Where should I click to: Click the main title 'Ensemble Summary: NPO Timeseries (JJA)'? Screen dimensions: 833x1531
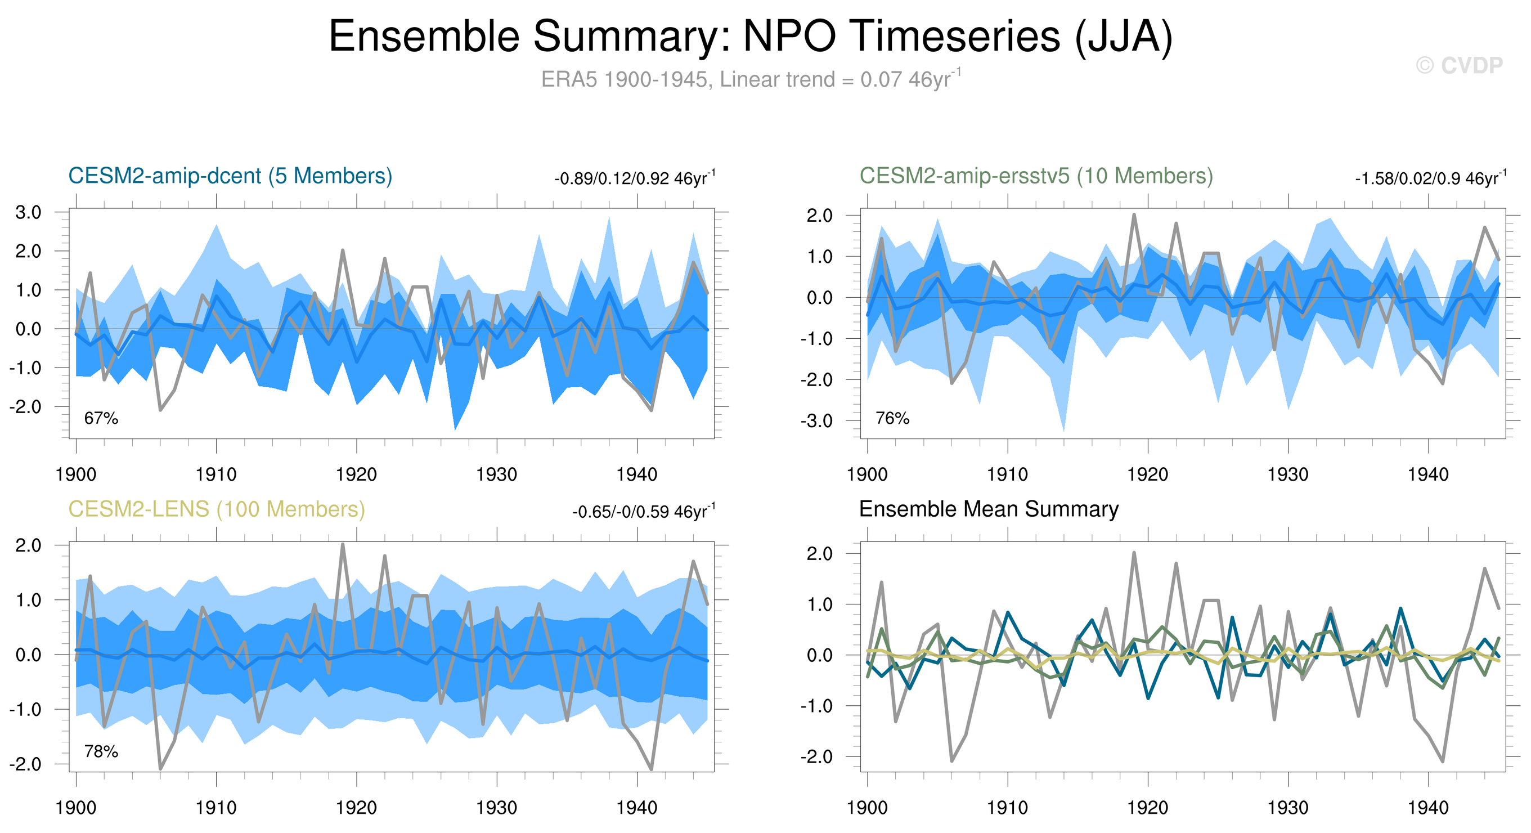750,37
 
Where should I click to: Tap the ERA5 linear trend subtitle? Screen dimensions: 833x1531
750,79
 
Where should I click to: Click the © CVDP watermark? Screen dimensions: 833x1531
1459,65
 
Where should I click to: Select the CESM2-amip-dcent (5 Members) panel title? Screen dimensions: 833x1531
230,176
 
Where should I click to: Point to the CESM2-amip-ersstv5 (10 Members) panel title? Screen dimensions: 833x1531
1036,176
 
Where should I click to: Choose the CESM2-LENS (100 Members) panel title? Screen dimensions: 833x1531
216,509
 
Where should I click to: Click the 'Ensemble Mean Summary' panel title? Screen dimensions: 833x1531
989,509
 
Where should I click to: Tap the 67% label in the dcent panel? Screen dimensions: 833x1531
101,419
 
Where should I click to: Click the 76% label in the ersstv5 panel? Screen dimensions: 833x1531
892,419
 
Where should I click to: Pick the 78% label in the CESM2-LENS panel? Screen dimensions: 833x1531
101,752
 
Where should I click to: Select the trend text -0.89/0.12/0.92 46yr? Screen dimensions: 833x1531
634,178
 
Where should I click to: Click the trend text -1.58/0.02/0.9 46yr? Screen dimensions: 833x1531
1430,178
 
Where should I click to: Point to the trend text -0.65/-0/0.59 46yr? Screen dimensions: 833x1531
643,512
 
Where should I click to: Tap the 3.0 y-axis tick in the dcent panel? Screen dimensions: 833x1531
28,212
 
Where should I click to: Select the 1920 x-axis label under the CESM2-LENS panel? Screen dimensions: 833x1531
356,808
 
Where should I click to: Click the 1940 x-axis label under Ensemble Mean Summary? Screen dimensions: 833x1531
1428,808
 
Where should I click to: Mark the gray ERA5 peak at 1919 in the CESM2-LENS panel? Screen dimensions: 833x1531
343,545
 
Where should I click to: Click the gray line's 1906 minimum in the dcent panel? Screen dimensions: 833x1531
160,410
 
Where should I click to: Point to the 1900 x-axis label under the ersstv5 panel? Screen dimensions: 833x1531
867,474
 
